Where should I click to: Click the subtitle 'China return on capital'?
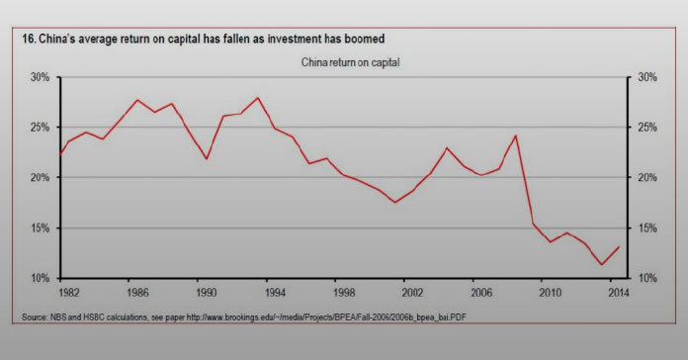(343, 62)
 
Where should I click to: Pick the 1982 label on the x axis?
(68, 294)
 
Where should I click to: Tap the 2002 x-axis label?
(412, 294)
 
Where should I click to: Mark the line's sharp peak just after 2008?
(516, 135)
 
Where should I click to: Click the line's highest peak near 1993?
(258, 98)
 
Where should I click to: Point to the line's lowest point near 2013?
(602, 264)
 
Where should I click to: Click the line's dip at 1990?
(207, 158)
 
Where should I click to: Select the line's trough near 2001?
(395, 202)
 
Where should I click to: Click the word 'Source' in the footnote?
(34, 316)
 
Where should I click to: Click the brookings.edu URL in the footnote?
(335, 316)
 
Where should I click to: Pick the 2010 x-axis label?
(550, 294)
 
